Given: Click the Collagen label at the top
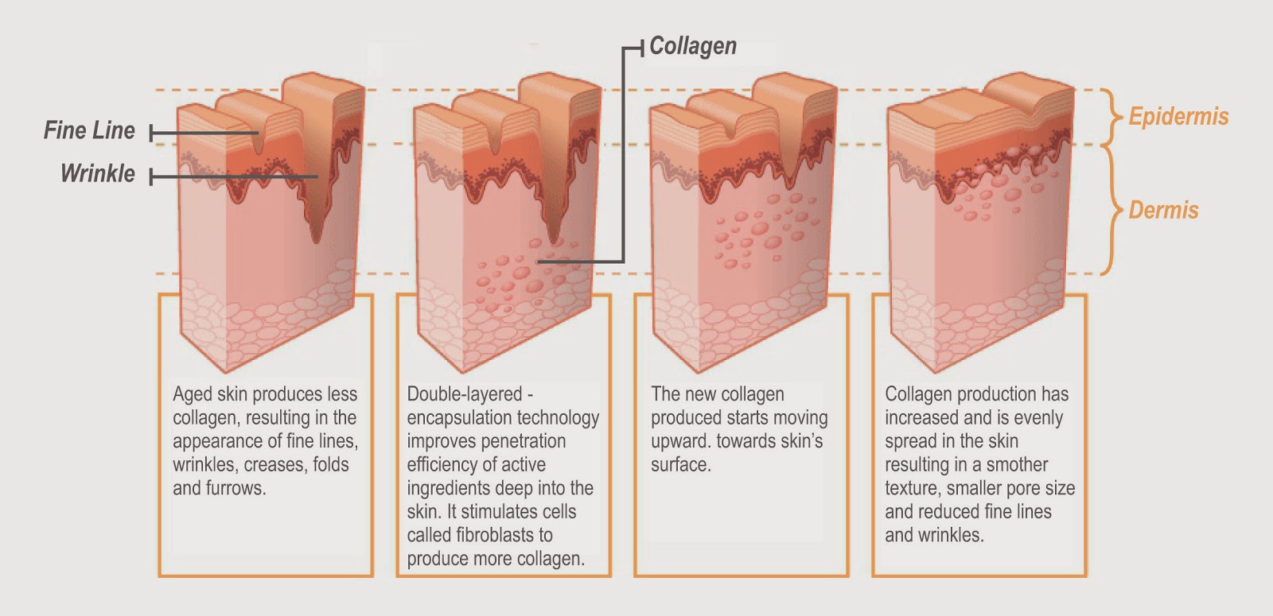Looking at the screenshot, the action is [x=693, y=46].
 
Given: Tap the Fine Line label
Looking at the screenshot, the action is [x=89, y=130].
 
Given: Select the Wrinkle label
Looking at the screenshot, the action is [x=98, y=174].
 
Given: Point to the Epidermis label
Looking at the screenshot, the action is [x=1178, y=117].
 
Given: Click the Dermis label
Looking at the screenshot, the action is [x=1163, y=210].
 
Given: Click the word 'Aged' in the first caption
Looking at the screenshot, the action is [x=192, y=395].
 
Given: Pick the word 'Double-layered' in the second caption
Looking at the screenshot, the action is [x=465, y=394].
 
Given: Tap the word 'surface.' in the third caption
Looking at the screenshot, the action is [x=681, y=465].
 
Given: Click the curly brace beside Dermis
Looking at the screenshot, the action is [x=1112, y=210].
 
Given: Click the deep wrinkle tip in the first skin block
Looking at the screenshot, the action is [x=317, y=242].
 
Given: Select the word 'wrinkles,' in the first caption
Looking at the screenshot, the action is [x=206, y=465].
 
